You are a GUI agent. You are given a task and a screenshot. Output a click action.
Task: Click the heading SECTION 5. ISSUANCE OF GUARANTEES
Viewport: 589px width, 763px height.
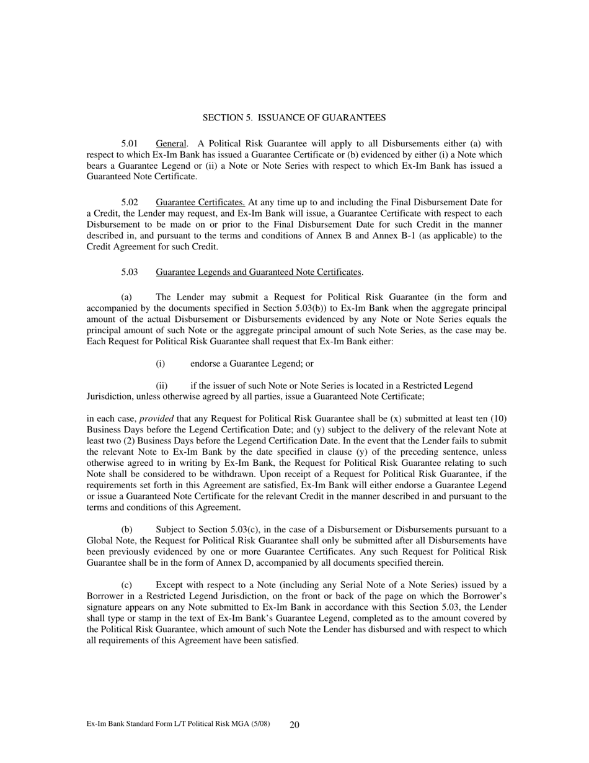(294, 117)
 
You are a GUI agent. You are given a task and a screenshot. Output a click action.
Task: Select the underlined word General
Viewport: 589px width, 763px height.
(170, 143)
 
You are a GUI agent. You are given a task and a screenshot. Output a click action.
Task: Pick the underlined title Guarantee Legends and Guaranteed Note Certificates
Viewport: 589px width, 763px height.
(259, 272)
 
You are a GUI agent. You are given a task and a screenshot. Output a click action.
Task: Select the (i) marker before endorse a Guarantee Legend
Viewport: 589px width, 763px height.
(161, 364)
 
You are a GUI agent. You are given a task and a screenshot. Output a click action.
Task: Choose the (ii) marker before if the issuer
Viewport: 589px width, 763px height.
(162, 386)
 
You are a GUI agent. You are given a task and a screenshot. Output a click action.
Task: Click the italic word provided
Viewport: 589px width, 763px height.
(156, 419)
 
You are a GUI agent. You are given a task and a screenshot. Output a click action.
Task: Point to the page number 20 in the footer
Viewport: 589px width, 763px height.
(294, 725)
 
